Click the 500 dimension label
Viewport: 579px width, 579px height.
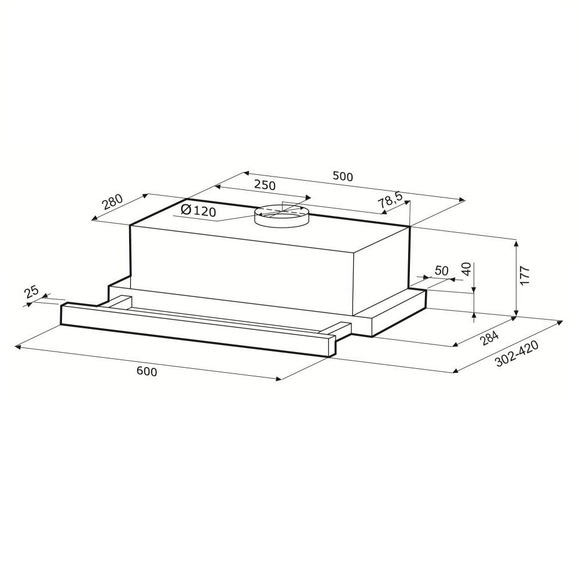click(343, 177)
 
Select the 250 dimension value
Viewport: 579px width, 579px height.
click(265, 185)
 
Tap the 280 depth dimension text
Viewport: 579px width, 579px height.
click(112, 201)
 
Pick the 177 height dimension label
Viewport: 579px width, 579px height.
click(525, 275)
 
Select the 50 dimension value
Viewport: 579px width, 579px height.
click(441, 270)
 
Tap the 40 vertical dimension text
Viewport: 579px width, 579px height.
click(467, 269)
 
